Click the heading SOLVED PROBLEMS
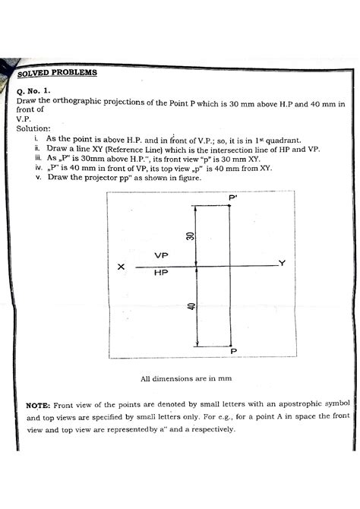pyautogui.click(x=56, y=73)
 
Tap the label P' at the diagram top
pyautogui.click(x=232, y=198)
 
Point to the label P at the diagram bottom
pyautogui.click(x=233, y=351)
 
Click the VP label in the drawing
pyautogui.click(x=160, y=255)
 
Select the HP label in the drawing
pyautogui.click(x=160, y=272)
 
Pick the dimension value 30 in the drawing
pyautogui.click(x=192, y=237)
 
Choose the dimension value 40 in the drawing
pyautogui.click(x=192, y=305)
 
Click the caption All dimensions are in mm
pyautogui.click(x=185, y=378)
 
